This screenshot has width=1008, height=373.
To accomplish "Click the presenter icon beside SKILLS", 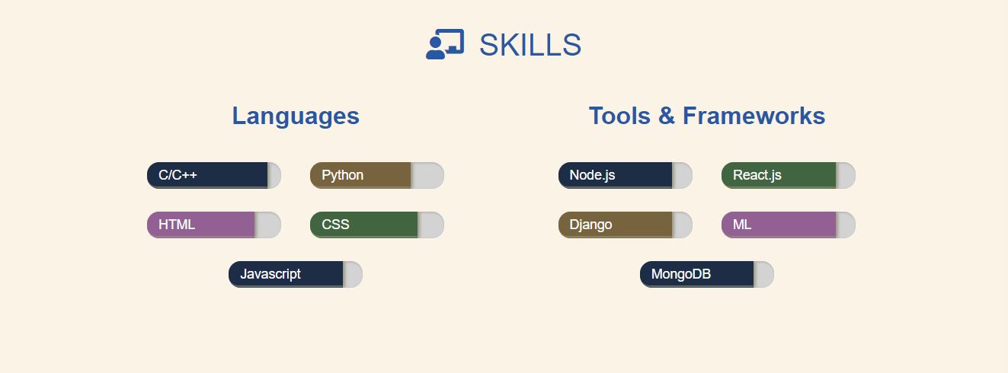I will click(x=445, y=45).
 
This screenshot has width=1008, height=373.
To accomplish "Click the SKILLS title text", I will click(x=530, y=46).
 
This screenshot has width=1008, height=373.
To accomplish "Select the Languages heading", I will click(x=296, y=116).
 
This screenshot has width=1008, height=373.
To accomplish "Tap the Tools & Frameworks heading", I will click(x=706, y=116).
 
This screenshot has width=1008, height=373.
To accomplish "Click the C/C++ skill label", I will click(x=178, y=175).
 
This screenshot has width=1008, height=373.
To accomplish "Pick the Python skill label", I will click(x=342, y=175).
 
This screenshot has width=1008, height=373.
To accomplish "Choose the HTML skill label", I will click(x=177, y=225).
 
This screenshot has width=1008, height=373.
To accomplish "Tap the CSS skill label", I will click(x=335, y=225).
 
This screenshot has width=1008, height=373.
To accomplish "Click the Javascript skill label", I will click(x=270, y=274).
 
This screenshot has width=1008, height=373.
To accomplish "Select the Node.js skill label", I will click(x=592, y=175).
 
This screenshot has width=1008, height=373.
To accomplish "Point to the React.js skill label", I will click(x=757, y=175).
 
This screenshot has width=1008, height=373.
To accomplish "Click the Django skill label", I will click(x=590, y=225).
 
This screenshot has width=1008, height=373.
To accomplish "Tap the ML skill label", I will click(x=742, y=225).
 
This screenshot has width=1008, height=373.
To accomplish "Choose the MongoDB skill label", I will click(x=680, y=274).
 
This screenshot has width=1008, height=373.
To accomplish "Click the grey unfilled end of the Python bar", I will click(x=428, y=175).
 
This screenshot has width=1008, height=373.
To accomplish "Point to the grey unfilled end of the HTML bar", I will click(x=268, y=225).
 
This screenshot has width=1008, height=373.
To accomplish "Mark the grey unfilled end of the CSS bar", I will click(x=431, y=225).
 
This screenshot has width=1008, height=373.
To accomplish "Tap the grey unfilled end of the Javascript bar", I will click(x=354, y=274).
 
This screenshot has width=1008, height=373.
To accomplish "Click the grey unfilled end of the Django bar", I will click(x=683, y=225).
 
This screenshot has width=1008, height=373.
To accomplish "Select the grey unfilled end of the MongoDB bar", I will click(x=764, y=274).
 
